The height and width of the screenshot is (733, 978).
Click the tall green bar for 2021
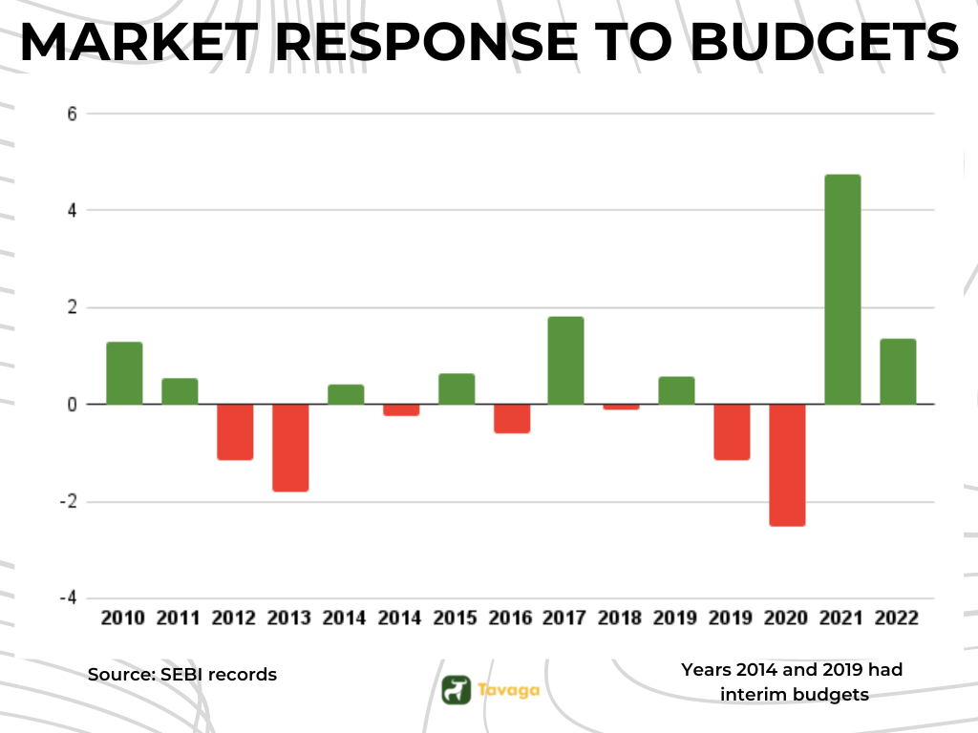coord(842,289)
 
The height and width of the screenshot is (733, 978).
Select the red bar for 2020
coord(787,465)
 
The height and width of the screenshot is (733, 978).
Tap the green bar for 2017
coord(565,360)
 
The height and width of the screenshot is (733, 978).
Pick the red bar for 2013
coord(289,448)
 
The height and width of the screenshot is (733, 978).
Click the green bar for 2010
coord(124,373)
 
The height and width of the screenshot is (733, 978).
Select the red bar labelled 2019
coord(732,432)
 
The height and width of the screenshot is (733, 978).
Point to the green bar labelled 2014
coord(345,394)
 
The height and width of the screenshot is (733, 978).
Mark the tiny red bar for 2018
coord(621,407)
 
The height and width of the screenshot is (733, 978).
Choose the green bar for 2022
coord(898,371)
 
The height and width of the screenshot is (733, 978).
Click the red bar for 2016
coord(511,419)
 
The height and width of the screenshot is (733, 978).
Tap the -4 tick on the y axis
coord(69,597)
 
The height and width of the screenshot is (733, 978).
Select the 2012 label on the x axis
coord(234,618)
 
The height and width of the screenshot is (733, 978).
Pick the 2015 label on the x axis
coord(455,618)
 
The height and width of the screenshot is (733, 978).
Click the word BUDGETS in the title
coord(825,42)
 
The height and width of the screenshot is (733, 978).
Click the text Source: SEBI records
coord(182,675)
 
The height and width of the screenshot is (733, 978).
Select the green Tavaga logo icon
coord(457,689)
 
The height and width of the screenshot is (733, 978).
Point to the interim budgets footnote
coord(793,682)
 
